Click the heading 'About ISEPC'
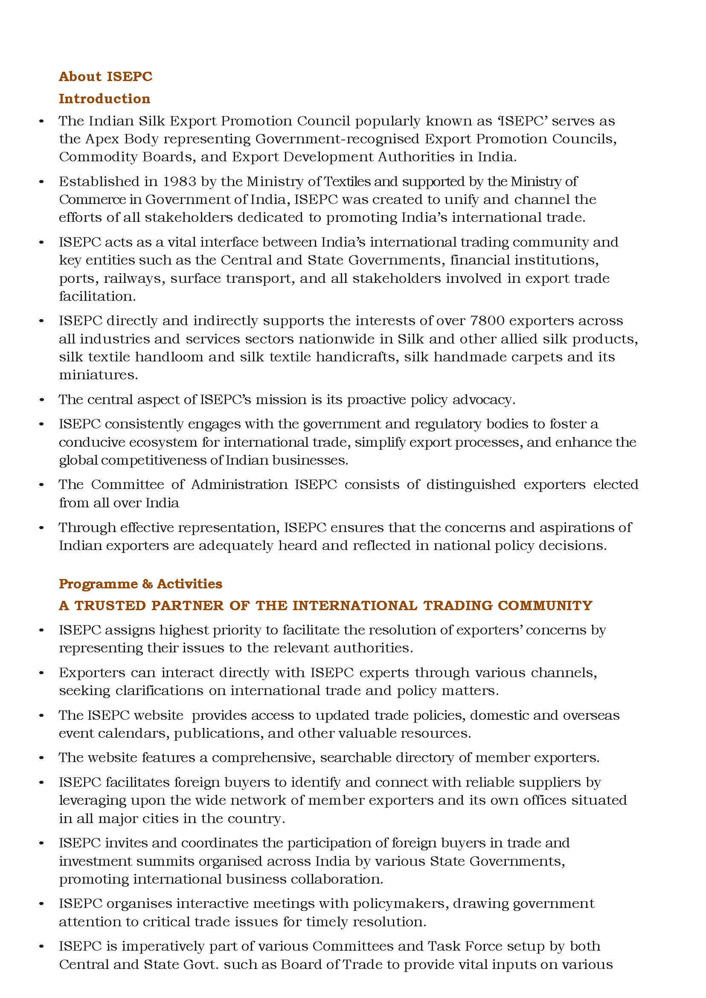click(106, 76)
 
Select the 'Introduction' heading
click(105, 99)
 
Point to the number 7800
click(487, 321)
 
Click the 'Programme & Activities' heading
click(140, 584)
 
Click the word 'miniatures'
click(98, 375)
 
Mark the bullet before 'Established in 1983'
click(42, 182)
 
